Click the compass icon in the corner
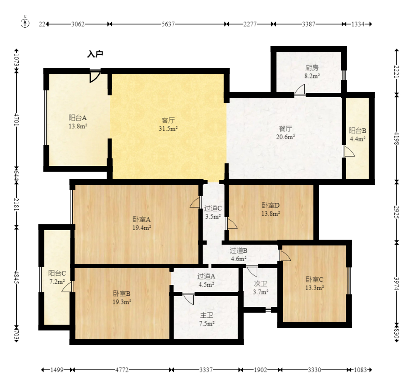coord(25,23)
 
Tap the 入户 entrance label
coord(95,54)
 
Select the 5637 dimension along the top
coord(168,24)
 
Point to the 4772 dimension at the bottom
coord(122,370)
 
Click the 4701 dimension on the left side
coord(16,119)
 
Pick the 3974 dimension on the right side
coord(397,283)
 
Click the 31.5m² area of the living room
coord(168,129)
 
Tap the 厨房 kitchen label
coord(312,68)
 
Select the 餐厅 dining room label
coord(286,129)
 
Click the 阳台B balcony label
coord(357,131)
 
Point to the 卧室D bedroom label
coord(270,205)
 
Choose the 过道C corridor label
coord(213,208)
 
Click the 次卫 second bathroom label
coord(260,284)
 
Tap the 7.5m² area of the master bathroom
coord(207,323)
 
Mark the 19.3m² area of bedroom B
coord(122,302)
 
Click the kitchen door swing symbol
coord(300,90)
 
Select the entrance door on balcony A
coord(95,76)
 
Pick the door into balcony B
coord(349,151)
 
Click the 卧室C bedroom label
coord(314,279)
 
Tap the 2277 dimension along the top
coord(250,24)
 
